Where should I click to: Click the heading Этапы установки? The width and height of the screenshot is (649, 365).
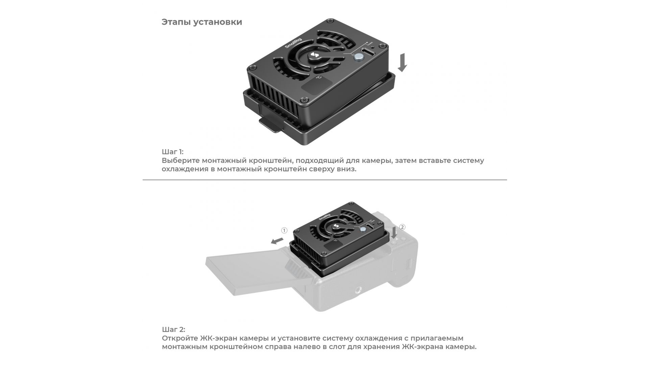tap(202, 22)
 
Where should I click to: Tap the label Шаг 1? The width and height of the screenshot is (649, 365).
tap(172, 151)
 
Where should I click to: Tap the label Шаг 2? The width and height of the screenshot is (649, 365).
tap(173, 330)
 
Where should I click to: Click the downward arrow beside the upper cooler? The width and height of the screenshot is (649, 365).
tap(402, 62)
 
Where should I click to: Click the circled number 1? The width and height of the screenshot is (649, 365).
tap(284, 230)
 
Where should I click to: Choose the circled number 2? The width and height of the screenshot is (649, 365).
tap(402, 227)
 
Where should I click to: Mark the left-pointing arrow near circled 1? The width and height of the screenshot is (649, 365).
tap(277, 241)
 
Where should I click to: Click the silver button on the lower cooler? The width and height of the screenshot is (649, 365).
tap(363, 229)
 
